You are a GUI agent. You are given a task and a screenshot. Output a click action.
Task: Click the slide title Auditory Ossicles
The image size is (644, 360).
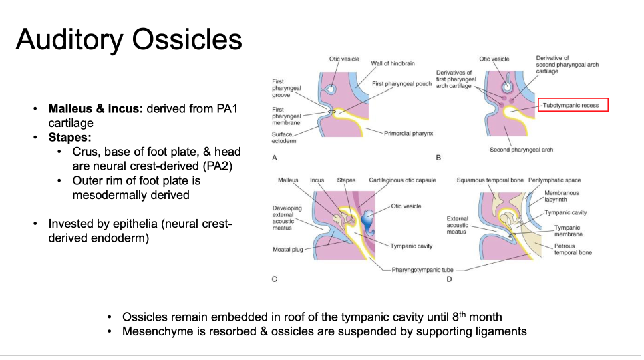129,40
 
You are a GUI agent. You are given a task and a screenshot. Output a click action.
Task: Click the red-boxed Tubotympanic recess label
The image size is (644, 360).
575,106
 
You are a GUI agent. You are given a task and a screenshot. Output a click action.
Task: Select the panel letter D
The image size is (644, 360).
449,279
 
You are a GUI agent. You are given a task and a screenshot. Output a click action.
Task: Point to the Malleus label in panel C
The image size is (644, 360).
288,180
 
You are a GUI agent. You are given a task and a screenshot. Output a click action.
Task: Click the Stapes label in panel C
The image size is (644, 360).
346,180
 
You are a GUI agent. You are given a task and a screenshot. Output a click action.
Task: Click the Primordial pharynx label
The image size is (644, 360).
408,134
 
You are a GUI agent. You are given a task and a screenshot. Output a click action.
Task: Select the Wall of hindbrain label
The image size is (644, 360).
393,63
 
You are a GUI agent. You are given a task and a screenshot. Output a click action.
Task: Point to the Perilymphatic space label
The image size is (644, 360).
554,180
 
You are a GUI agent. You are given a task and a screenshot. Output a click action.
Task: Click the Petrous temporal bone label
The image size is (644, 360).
573,249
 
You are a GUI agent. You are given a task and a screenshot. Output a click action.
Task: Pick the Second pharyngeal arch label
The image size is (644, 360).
522,150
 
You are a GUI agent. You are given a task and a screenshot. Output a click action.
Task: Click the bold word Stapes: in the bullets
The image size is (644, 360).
69,137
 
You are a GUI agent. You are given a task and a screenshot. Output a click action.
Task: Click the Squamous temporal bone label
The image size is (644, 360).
489,180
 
